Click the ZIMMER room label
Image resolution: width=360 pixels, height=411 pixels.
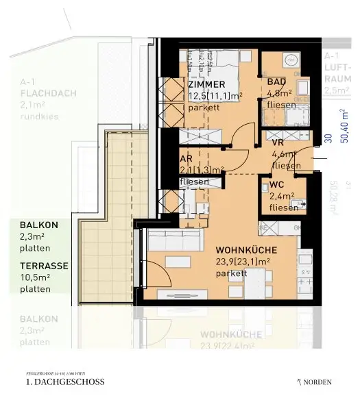(206, 84)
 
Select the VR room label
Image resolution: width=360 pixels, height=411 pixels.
(278, 142)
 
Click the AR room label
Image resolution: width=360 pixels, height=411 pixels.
(186, 158)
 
